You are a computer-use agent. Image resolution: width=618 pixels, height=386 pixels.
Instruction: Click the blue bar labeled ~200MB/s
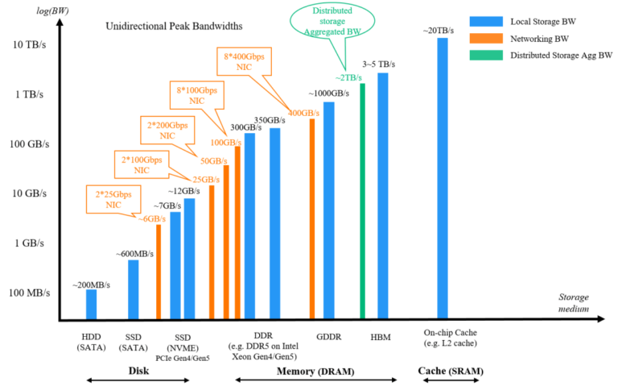tap(91, 304)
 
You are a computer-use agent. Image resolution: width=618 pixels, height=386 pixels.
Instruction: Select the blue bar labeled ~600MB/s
tap(133, 288)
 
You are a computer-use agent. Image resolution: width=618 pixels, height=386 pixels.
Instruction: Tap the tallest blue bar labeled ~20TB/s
tap(442, 177)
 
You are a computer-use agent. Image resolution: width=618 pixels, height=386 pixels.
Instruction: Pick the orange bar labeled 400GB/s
tap(312, 218)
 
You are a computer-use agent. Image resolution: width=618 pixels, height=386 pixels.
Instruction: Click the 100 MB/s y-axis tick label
tap(30, 293)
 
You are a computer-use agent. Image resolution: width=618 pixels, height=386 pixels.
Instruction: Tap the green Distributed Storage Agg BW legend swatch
tap(490, 55)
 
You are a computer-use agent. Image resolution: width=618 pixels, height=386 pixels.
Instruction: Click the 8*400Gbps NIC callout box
tap(248, 62)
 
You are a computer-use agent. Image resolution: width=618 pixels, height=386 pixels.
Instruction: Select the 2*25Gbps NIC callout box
tap(109, 201)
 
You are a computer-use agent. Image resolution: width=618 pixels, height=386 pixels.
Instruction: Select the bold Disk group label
tap(138, 371)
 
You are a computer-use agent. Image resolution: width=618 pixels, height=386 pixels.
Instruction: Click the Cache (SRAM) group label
tap(451, 371)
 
